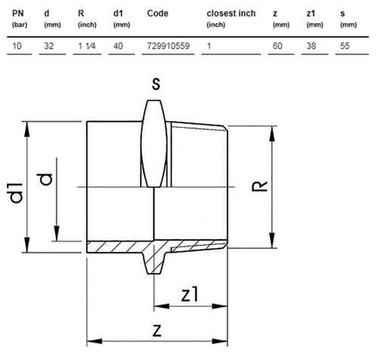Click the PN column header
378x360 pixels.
point(18,13)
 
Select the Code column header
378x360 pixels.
point(157,13)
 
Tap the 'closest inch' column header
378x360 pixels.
point(231,13)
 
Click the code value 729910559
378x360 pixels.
point(169,46)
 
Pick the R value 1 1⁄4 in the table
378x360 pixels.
point(87,46)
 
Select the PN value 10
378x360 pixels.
point(17,46)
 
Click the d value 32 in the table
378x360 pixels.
point(49,46)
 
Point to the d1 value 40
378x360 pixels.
point(118,46)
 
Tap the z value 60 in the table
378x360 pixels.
point(277,46)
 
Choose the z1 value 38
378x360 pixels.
point(311,46)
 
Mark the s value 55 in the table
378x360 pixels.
point(345,46)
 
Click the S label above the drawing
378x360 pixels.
point(156,84)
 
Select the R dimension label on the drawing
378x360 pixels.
point(259,186)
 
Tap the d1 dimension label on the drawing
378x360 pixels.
point(16,193)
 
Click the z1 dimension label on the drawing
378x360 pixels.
point(190,294)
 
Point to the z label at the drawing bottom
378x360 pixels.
point(156,331)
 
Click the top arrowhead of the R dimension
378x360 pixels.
point(271,134)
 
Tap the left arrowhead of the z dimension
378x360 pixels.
point(94,341)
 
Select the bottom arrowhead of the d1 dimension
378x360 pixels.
point(27,244)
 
